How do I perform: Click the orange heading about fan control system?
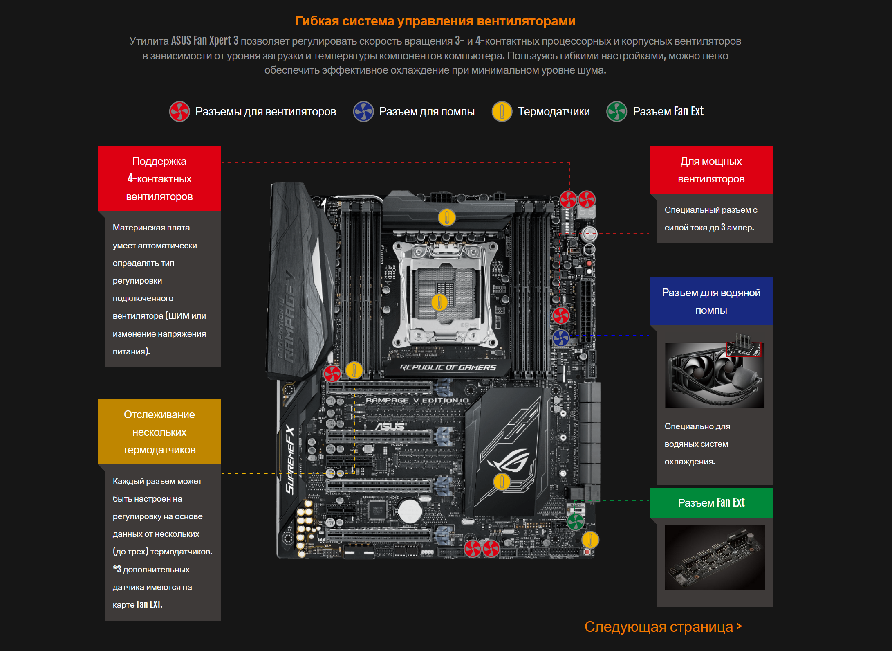tap(435, 21)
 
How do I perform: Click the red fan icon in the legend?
tap(179, 111)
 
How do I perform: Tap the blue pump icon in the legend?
tap(363, 111)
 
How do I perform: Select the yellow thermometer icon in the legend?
tap(502, 111)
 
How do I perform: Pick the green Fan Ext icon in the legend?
tap(617, 111)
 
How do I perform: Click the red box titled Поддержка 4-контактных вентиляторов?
tap(159, 178)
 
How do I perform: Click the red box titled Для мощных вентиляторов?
tap(711, 170)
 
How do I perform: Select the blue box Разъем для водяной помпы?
tap(711, 301)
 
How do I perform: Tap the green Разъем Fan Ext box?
tap(711, 502)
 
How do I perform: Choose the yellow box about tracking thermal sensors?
tap(159, 432)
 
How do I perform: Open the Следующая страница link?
tap(663, 626)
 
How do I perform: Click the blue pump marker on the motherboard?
tap(561, 338)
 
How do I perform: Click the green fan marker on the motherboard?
tap(576, 522)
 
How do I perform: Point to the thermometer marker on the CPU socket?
tap(439, 302)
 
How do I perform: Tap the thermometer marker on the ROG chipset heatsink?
tap(502, 482)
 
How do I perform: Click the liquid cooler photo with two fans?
tap(714, 375)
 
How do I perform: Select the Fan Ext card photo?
tap(715, 557)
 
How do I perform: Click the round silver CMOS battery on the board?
tap(410, 510)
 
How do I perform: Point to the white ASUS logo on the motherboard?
tap(390, 426)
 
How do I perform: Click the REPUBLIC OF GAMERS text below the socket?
tap(448, 367)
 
